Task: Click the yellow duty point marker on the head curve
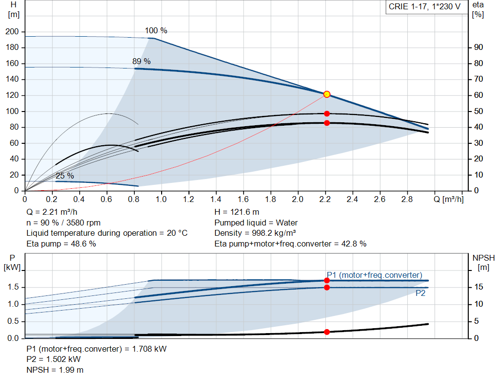[x=327, y=94]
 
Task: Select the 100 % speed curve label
[x=156, y=31]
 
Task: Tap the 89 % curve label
[x=142, y=62]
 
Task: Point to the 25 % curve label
[x=64, y=176]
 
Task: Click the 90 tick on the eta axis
[x=478, y=47]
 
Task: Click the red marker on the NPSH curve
[x=327, y=332]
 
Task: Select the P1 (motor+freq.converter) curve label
[x=374, y=275]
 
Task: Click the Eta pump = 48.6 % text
[x=61, y=244]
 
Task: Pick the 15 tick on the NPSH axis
[x=479, y=287]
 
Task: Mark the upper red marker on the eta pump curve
[x=327, y=113]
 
